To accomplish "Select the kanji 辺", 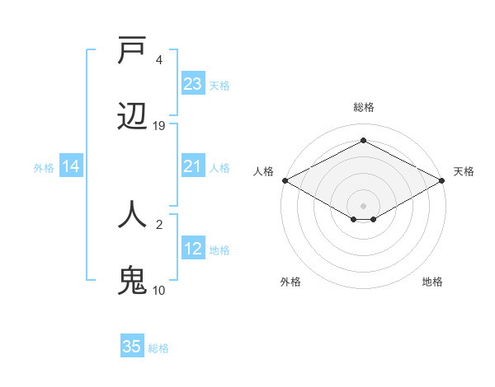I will click(x=133, y=117).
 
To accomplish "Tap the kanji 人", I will click(x=133, y=215).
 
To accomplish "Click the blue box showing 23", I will click(x=193, y=84).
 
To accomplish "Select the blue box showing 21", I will click(x=193, y=166).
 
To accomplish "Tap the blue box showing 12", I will click(x=193, y=249).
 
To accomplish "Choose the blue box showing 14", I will click(x=71, y=166).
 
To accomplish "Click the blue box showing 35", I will click(x=132, y=347).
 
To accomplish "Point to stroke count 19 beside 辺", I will click(x=159, y=126).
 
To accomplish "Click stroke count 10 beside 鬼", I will click(x=159, y=290).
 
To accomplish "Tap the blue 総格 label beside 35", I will click(x=158, y=348).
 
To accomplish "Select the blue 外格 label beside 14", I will click(x=44, y=167).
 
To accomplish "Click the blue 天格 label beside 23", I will click(x=219, y=86).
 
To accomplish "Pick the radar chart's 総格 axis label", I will click(x=364, y=107).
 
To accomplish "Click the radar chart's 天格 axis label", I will click(x=464, y=171).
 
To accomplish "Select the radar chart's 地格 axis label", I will click(x=432, y=282).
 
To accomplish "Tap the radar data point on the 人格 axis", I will click(x=285, y=180).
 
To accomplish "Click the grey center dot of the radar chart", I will click(x=364, y=205).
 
